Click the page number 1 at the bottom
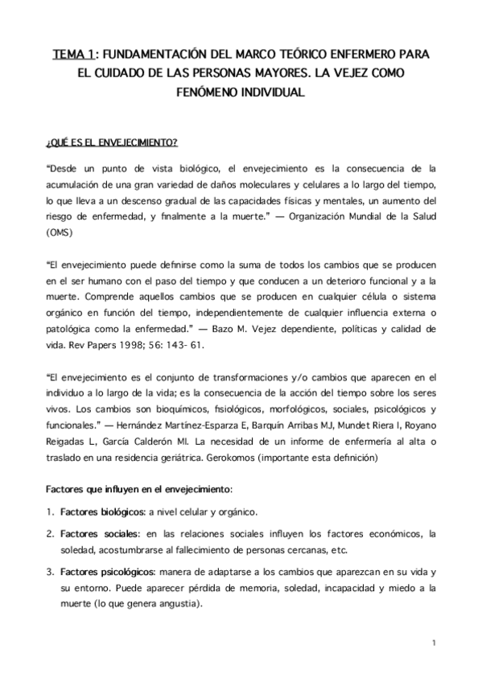[433, 643]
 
